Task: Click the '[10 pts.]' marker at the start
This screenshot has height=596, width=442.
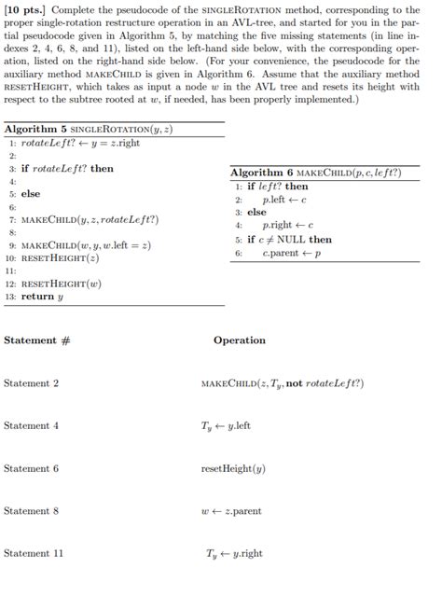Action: click(x=25, y=9)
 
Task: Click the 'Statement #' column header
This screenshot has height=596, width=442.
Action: click(x=37, y=340)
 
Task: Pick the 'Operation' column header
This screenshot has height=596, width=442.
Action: click(x=240, y=340)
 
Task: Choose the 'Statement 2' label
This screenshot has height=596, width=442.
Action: click(x=31, y=383)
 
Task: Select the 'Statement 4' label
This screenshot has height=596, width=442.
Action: click(x=31, y=425)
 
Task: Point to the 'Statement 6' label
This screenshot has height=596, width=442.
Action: click(x=31, y=468)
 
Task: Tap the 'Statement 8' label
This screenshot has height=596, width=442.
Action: click(x=31, y=510)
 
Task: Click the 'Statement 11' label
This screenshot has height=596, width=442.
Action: click(x=34, y=553)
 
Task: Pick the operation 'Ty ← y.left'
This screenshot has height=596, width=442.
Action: click(x=227, y=425)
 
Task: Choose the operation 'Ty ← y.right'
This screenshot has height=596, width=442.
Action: click(x=231, y=553)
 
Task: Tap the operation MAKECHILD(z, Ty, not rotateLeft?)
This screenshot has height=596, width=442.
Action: click(x=283, y=383)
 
